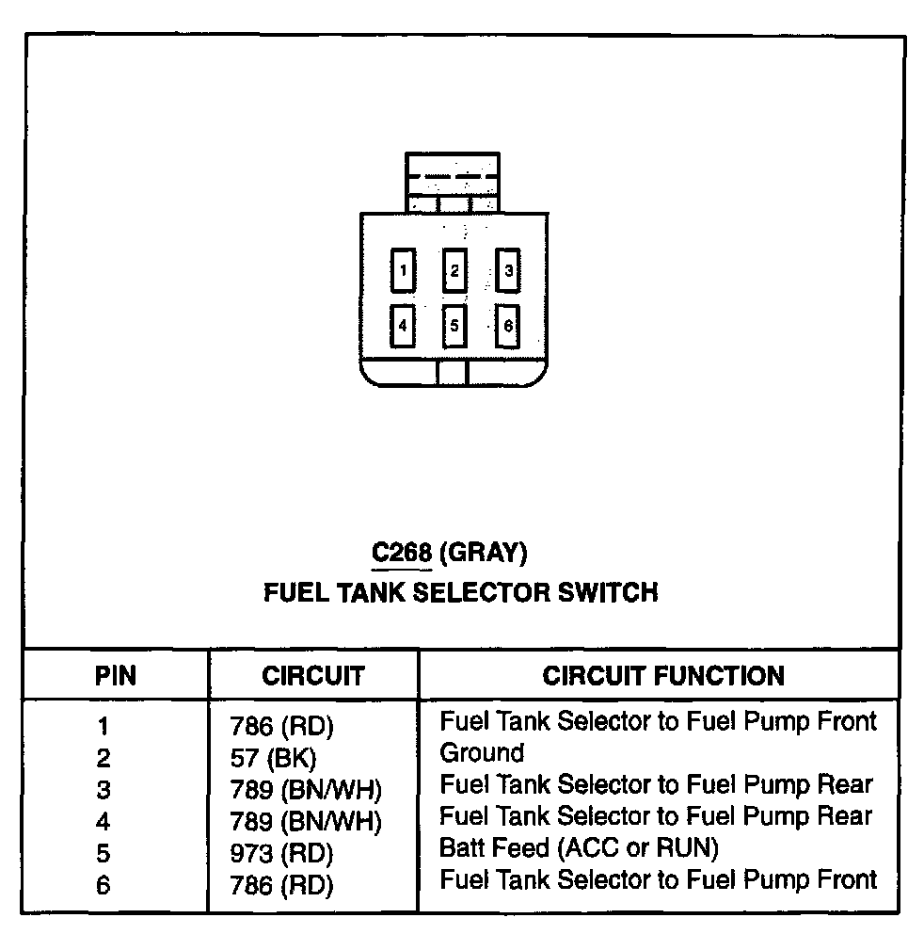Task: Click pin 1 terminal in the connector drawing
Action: click(403, 271)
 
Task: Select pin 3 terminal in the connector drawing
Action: click(508, 271)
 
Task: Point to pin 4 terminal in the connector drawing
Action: click(403, 326)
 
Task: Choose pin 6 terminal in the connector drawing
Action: click(508, 326)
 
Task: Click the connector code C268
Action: click(402, 552)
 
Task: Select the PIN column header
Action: click(116, 675)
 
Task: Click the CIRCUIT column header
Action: click(312, 675)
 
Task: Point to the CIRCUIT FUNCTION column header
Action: click(662, 675)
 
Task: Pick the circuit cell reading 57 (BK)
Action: click(272, 758)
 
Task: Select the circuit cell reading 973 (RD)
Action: click(281, 854)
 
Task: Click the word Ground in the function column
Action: click(482, 753)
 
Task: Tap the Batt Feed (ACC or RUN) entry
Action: click(579, 848)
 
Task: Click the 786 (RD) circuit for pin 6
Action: click(281, 885)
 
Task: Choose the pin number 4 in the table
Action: click(104, 822)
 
